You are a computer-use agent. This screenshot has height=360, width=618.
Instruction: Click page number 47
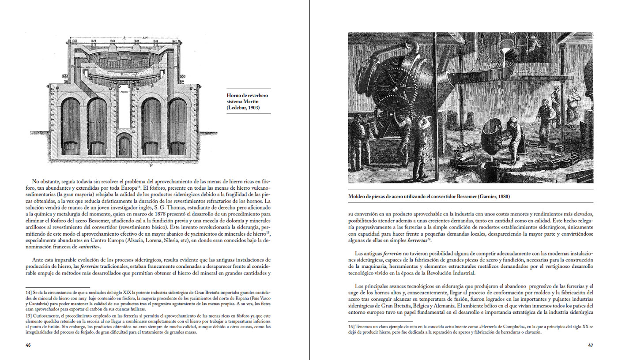click(x=590, y=345)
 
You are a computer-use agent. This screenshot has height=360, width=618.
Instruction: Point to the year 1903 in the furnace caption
click(x=251, y=108)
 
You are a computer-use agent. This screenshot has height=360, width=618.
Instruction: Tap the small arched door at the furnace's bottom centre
click(x=124, y=145)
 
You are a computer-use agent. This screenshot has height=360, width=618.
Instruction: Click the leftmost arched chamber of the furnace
click(x=71, y=127)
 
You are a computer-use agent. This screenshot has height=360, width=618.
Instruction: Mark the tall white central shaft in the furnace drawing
click(x=124, y=106)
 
